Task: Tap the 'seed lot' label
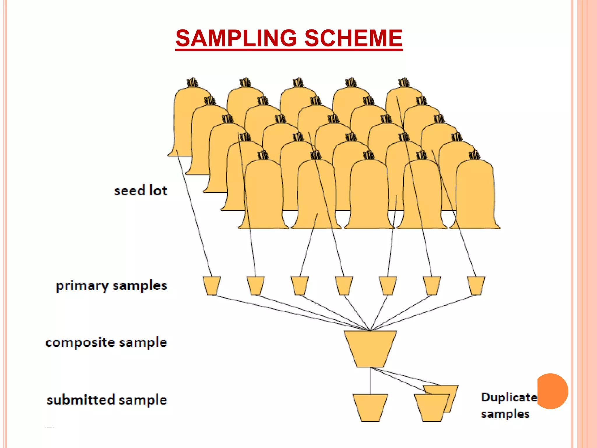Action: (141, 191)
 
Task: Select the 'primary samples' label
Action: (111, 286)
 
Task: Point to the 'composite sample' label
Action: (106, 342)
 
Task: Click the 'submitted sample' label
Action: (107, 400)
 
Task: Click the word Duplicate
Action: (509, 397)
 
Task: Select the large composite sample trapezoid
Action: (370, 349)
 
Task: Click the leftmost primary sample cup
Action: (211, 285)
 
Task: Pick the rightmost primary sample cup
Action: (476, 285)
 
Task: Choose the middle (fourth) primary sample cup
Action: (344, 285)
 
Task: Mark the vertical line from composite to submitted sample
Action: (370, 381)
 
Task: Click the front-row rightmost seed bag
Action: (475, 195)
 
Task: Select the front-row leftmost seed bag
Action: (263, 195)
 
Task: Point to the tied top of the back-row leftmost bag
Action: (192, 83)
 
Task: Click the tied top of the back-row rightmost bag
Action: (404, 83)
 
